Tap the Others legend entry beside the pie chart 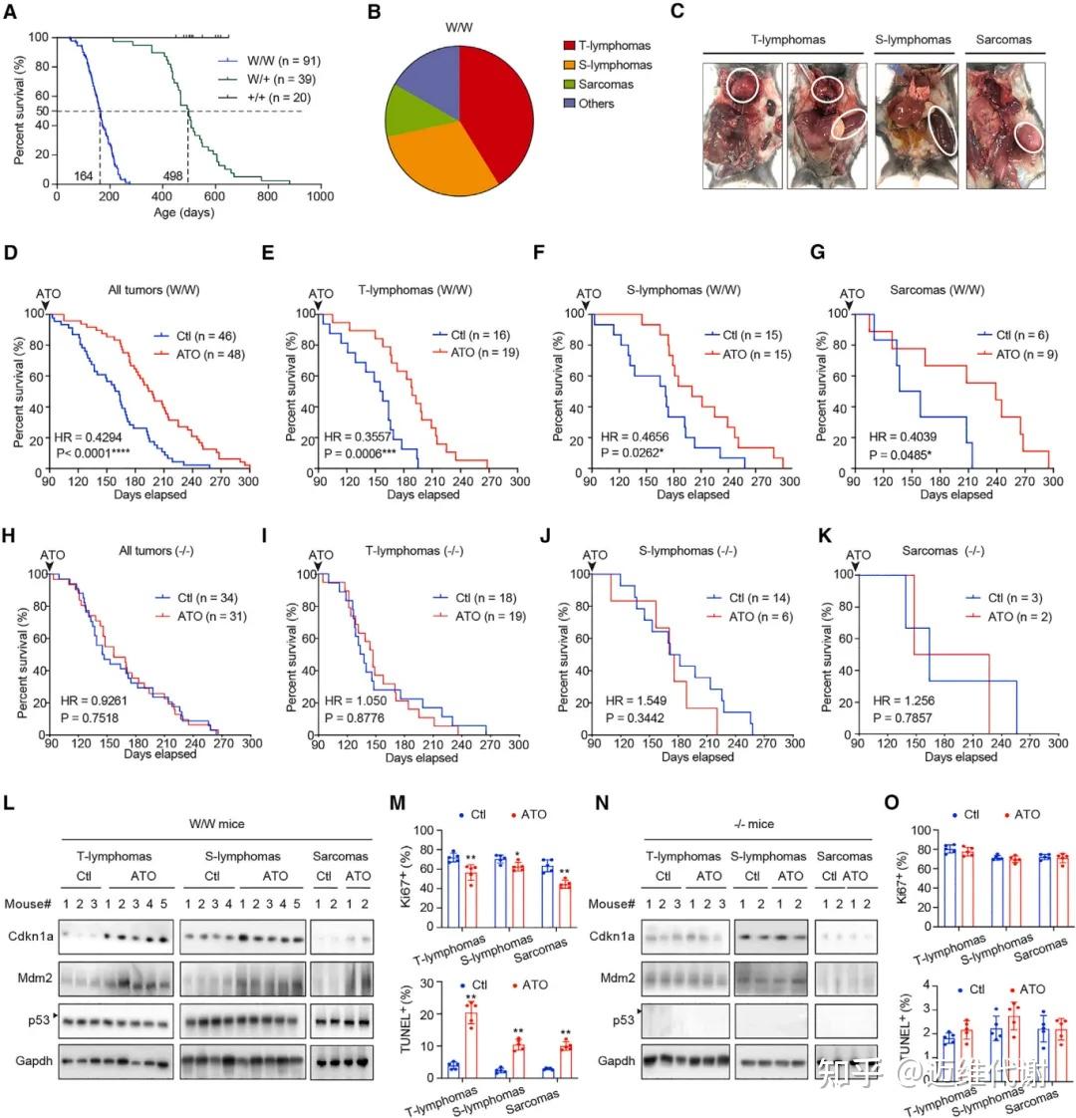click(x=596, y=104)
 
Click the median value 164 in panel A click(x=84, y=176)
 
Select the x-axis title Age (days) click(x=183, y=213)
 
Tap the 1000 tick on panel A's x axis click(x=320, y=197)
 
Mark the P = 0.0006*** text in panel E click(x=363, y=453)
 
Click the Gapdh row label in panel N click(x=618, y=1060)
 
